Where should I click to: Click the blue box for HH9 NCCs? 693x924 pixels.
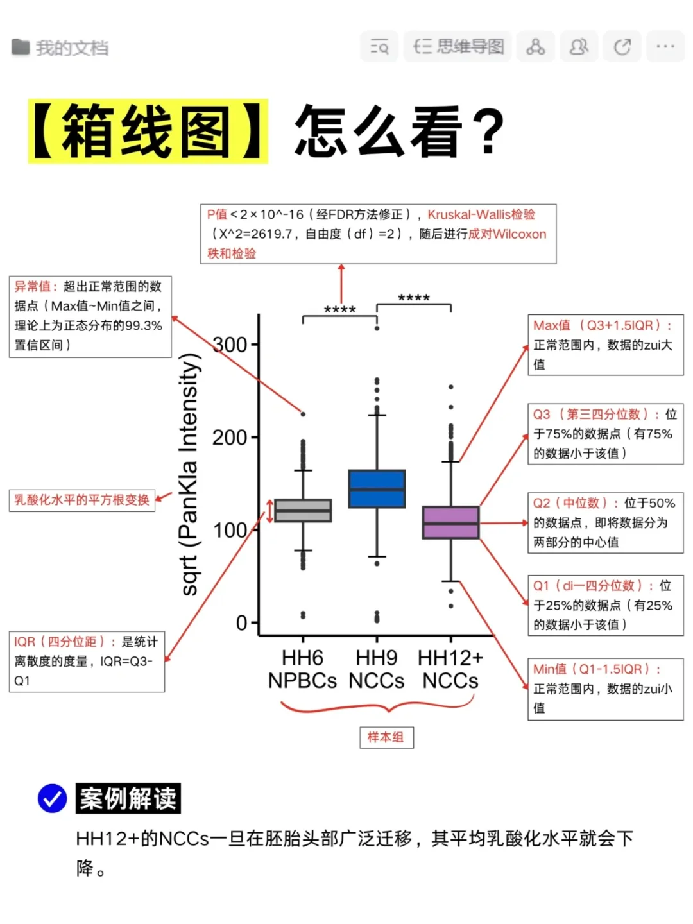377,489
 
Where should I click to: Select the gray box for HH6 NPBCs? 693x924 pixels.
303,511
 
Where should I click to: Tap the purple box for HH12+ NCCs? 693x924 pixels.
450,522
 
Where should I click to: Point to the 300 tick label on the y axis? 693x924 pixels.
230,345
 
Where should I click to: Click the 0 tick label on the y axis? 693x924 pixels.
241,623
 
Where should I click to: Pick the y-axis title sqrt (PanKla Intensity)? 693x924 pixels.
189,475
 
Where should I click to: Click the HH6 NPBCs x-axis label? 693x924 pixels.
302,669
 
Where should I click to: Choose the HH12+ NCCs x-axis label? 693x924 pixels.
450,669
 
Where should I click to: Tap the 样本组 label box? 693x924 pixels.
386,737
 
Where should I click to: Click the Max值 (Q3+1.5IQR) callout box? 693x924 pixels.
605,345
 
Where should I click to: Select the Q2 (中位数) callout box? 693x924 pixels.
605,522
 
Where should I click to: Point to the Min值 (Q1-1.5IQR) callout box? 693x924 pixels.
605,689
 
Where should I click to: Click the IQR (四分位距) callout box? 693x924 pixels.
87,661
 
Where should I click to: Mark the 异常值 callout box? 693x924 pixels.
90,316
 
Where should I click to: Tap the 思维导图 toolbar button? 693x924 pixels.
458,47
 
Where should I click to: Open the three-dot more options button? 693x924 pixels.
665,47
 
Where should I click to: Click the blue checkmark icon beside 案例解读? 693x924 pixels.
53,799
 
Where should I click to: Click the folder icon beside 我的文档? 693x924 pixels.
21,47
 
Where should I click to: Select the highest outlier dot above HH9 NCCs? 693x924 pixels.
377,328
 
